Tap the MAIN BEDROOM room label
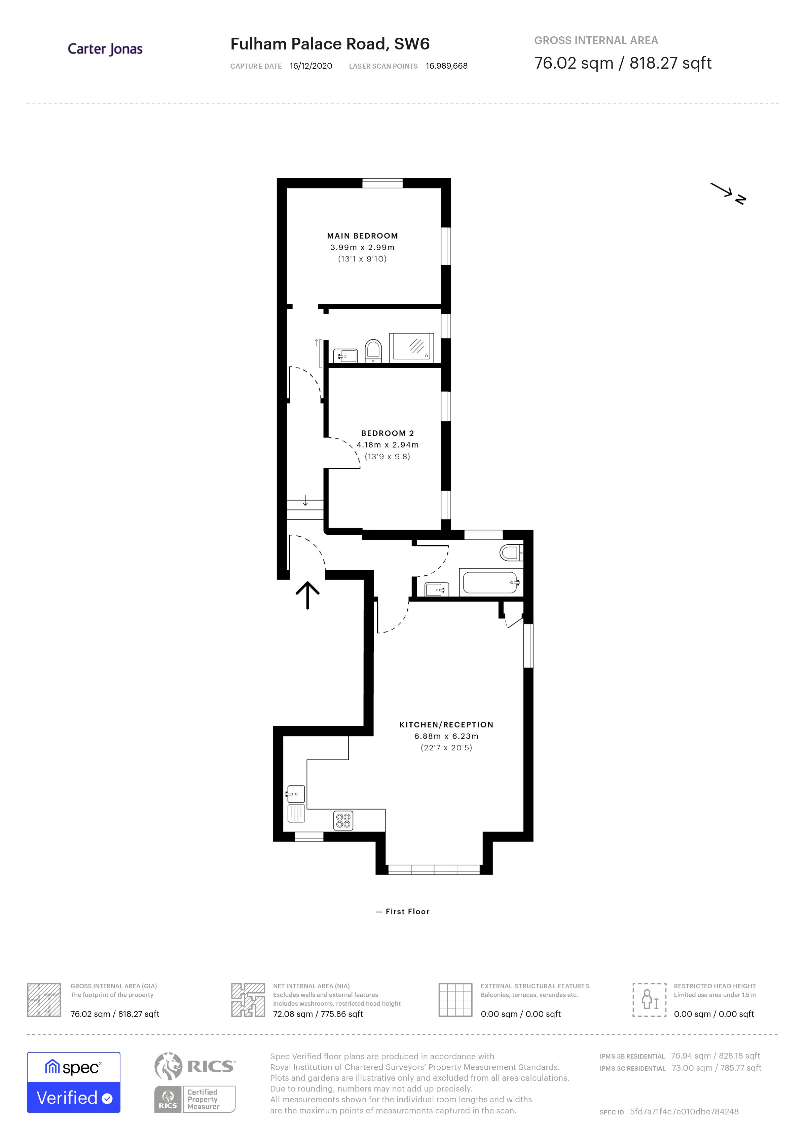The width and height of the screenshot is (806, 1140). [x=362, y=236]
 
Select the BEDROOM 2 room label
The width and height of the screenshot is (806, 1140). [x=387, y=433]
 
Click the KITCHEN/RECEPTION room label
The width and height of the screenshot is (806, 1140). [x=446, y=725]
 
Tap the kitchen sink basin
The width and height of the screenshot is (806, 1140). [x=295, y=794]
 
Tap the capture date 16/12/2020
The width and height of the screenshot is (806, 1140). [x=311, y=66]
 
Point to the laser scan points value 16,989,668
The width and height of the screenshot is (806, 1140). [x=446, y=66]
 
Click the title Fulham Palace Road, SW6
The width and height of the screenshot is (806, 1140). [x=330, y=44]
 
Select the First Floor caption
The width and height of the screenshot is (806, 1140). [x=407, y=912]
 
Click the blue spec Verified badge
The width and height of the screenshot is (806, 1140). [x=73, y=1082]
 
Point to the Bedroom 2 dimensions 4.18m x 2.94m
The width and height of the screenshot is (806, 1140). [x=387, y=445]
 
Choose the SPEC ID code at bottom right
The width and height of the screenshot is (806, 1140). [x=684, y=1112]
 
